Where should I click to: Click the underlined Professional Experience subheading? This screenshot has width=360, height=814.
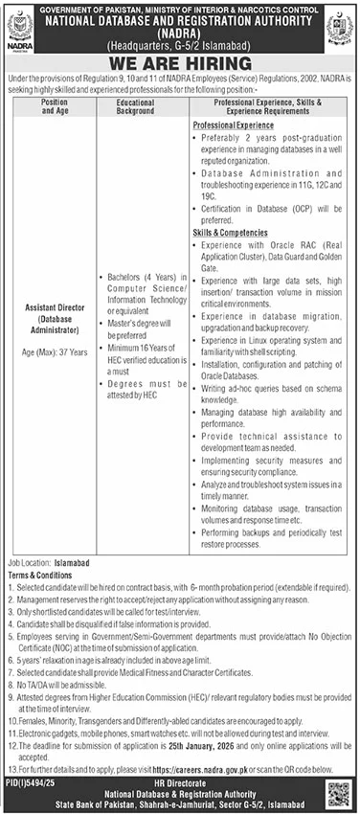click(233, 125)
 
